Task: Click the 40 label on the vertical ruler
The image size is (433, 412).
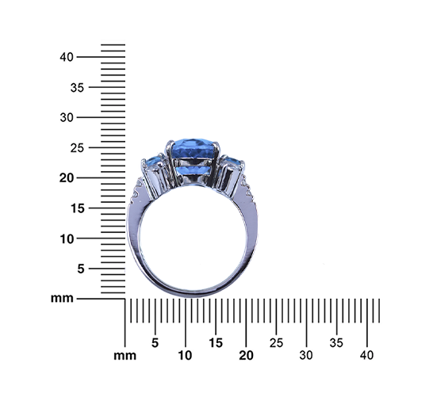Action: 67,57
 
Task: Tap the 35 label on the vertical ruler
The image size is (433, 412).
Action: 77,88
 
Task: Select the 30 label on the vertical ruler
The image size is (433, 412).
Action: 67,117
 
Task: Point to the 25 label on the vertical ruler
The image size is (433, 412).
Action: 77,148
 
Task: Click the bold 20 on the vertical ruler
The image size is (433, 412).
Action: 67,178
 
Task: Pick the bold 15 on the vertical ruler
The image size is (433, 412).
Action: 78,208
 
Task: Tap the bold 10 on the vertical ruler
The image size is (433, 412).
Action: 67,238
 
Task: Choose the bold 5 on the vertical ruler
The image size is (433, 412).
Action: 81,269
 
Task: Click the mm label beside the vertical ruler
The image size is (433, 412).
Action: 62,299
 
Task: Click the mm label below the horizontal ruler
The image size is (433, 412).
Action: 125,356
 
